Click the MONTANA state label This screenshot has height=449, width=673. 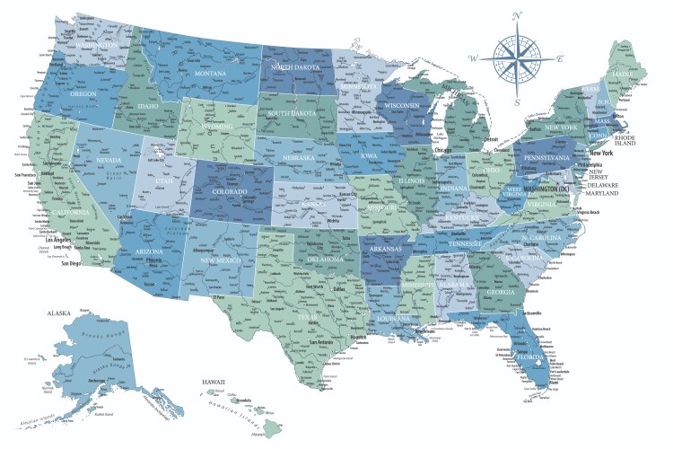click(x=210, y=73)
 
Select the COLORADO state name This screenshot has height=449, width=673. click(x=223, y=191)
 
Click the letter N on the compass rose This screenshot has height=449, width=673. click(x=516, y=16)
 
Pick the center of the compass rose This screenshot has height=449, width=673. click(x=516, y=58)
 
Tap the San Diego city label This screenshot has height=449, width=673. click(x=74, y=265)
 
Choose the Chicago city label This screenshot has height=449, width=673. click(x=443, y=150)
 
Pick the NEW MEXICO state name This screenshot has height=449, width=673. click(x=221, y=260)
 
